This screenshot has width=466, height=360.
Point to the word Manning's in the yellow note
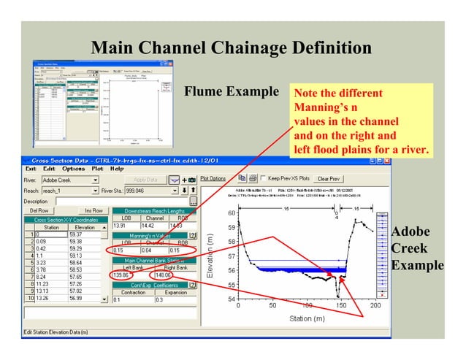tap(318, 107)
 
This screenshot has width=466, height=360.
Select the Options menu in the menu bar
tap(73, 168)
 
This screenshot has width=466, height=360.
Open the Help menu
tap(117, 168)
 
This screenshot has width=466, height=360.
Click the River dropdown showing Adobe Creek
tap(70, 180)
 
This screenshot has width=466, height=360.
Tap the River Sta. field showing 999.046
tap(146, 190)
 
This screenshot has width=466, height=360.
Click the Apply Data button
tap(146, 180)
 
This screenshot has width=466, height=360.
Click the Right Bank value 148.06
tap(163, 275)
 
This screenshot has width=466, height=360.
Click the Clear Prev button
tap(329, 178)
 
